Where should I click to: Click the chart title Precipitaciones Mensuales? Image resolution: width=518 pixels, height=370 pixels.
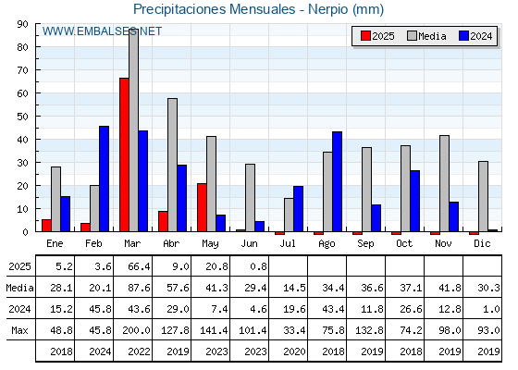point(214,9)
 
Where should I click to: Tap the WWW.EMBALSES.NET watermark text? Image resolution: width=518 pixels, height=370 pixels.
point(102,31)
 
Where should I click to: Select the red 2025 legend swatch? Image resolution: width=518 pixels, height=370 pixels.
point(365,36)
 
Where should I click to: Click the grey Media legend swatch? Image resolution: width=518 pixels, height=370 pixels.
point(412,36)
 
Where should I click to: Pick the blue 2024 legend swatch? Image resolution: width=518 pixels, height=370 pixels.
point(463,36)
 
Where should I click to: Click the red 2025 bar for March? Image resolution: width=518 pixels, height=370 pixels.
point(124,154)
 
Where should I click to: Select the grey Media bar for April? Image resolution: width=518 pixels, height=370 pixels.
point(172,165)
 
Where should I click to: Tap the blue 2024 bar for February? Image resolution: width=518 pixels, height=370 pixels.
point(104,179)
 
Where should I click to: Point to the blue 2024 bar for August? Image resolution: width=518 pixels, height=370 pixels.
point(338,181)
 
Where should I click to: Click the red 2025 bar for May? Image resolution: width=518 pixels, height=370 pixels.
point(202,207)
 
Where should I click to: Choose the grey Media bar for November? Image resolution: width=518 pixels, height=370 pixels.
point(444,183)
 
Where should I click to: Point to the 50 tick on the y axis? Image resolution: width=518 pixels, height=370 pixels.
point(23,117)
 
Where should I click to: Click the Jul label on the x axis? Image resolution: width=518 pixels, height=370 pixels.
point(288,243)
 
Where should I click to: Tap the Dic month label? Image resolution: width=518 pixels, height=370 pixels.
point(482,243)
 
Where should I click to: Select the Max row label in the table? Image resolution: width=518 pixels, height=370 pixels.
point(19,330)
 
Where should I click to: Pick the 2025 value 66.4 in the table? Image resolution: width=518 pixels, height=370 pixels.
point(139,266)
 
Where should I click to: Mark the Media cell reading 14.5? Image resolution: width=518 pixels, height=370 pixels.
point(294,288)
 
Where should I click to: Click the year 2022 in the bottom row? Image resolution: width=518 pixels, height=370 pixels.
point(139,351)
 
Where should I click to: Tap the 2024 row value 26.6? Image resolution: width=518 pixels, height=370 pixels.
point(411,309)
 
